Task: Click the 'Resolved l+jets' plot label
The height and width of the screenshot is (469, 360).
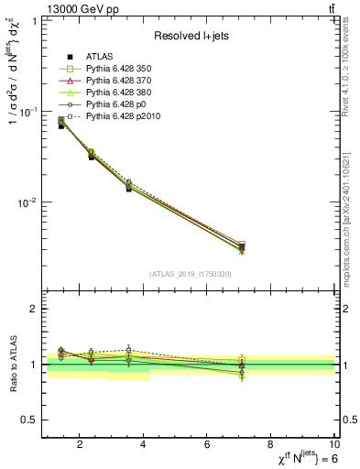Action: pyautogui.click(x=190, y=36)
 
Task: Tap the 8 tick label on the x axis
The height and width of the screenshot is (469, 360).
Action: pyautogui.click(x=272, y=446)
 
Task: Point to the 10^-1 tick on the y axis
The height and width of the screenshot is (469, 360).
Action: pyautogui.click(x=27, y=112)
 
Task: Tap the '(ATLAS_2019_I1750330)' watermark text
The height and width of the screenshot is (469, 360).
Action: pyautogui.click(x=191, y=274)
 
